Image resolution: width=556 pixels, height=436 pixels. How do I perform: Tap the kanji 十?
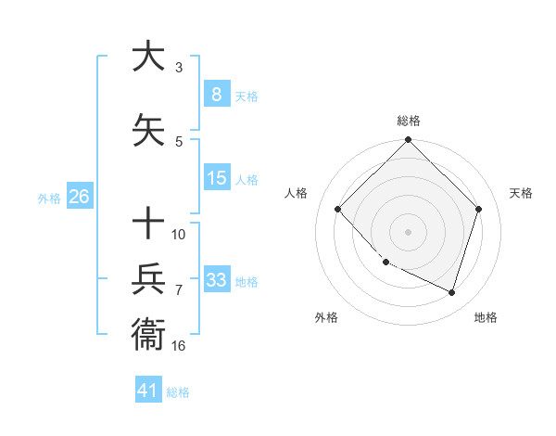148,224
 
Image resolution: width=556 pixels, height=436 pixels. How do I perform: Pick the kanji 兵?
148,279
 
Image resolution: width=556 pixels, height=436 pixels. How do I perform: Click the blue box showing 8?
216,94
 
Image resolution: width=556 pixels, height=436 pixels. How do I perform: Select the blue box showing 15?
216,178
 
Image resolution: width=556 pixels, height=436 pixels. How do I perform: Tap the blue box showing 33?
216,280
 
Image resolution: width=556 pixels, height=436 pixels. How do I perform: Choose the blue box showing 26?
79,197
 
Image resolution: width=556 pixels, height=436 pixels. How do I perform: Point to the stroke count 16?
179,345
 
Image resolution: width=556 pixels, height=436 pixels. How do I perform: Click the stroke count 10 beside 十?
179,234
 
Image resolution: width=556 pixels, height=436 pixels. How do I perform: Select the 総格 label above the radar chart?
409,121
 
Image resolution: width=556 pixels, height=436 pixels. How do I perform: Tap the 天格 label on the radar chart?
521,193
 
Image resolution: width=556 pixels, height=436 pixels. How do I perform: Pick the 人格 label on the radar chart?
297,193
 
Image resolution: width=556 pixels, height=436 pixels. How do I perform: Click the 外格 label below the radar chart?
326,317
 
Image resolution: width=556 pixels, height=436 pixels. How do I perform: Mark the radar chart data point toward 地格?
451,292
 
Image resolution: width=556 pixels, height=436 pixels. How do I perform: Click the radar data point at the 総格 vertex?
409,141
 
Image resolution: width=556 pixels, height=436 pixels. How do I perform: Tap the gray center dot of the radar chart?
409,231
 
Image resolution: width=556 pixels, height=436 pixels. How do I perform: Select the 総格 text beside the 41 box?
178,391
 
